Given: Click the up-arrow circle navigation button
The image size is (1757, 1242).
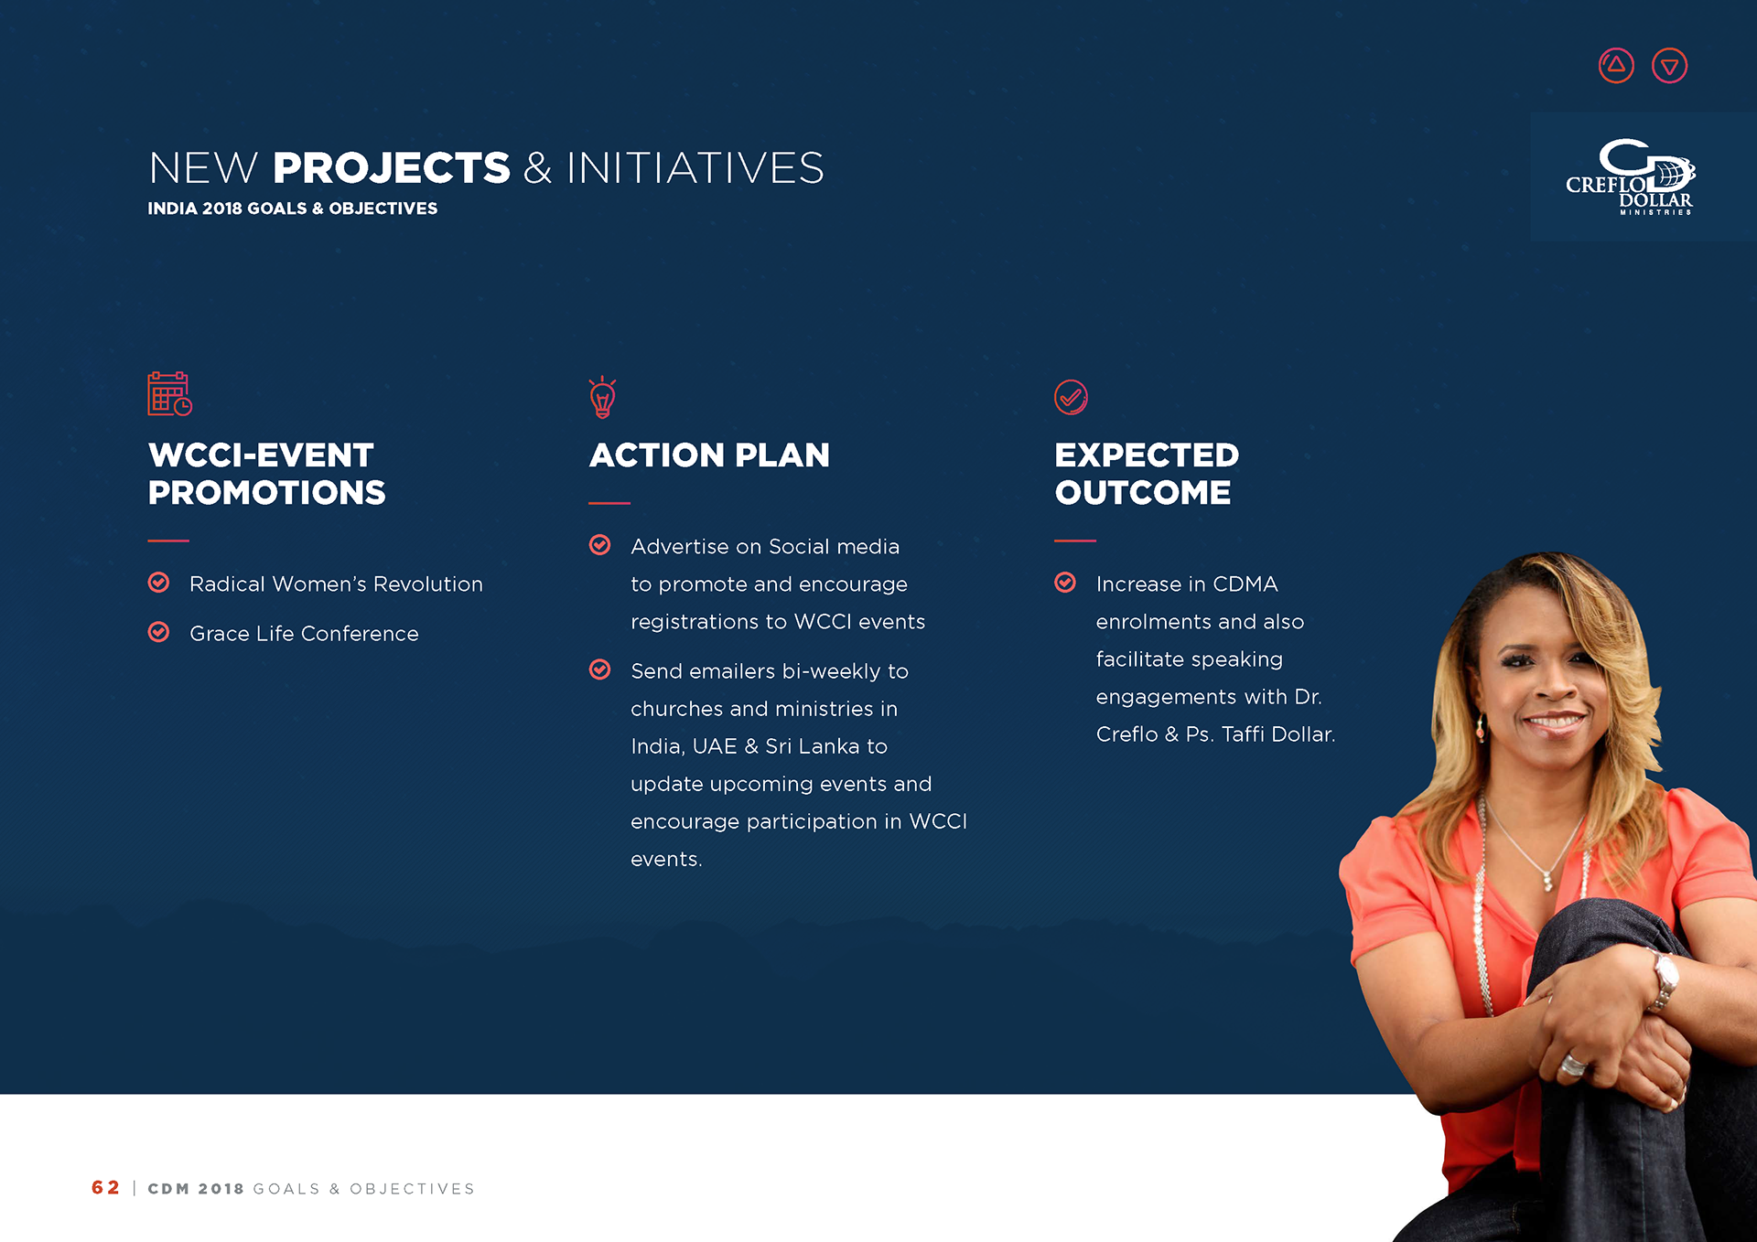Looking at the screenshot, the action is (1616, 66).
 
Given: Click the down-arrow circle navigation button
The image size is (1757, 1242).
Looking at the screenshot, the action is (1670, 66).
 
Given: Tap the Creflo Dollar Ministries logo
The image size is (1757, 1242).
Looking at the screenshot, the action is (1631, 177).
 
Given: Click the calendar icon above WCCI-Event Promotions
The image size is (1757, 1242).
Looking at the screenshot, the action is (170, 394).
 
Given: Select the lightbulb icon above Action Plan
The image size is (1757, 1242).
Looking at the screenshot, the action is (602, 397).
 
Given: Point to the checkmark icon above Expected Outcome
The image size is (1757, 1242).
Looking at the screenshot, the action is (1071, 397).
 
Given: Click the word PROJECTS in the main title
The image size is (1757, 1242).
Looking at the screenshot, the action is (392, 168).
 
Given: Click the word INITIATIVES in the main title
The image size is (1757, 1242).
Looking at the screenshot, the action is (695, 168).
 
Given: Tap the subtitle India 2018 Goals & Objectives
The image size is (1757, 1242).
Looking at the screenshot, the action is (293, 209).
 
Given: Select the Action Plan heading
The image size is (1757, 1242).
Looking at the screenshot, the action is (709, 455).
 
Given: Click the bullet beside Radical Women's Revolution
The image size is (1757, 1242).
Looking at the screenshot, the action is (158, 583).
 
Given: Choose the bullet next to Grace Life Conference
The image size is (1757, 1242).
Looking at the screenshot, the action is (158, 632).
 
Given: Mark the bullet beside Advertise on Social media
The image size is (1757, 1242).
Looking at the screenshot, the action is (599, 545).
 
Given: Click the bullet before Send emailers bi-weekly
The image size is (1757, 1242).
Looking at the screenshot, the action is (599, 669).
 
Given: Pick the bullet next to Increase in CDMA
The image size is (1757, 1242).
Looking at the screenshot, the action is (1065, 583).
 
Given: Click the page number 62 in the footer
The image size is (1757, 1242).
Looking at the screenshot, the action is (105, 1187).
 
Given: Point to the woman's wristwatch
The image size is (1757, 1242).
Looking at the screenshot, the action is (1663, 979).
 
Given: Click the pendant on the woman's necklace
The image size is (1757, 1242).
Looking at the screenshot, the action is (1547, 881).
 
